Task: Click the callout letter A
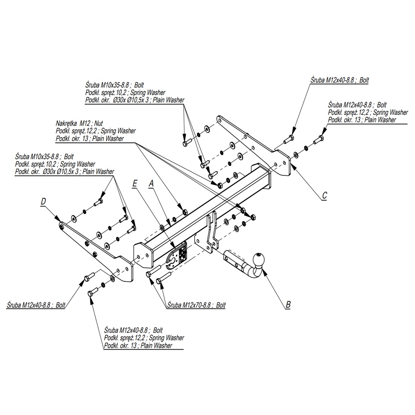pyautogui.click(x=150, y=184)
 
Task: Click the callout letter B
pyautogui.click(x=288, y=305)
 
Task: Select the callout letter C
pyautogui.click(x=324, y=196)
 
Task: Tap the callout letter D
pyautogui.click(x=43, y=201)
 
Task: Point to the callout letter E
pyautogui.click(x=135, y=184)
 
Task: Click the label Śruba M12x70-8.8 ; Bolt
pyautogui.click(x=196, y=305)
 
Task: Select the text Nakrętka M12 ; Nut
pyautogui.click(x=79, y=123)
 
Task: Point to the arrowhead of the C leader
pyautogui.click(x=292, y=165)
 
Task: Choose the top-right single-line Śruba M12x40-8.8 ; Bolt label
pyautogui.click(x=339, y=80)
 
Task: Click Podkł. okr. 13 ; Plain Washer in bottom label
pyautogui.click(x=138, y=345)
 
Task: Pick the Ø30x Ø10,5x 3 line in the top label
pyautogui.click(x=135, y=100)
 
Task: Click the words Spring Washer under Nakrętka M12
pyautogui.click(x=118, y=131)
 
